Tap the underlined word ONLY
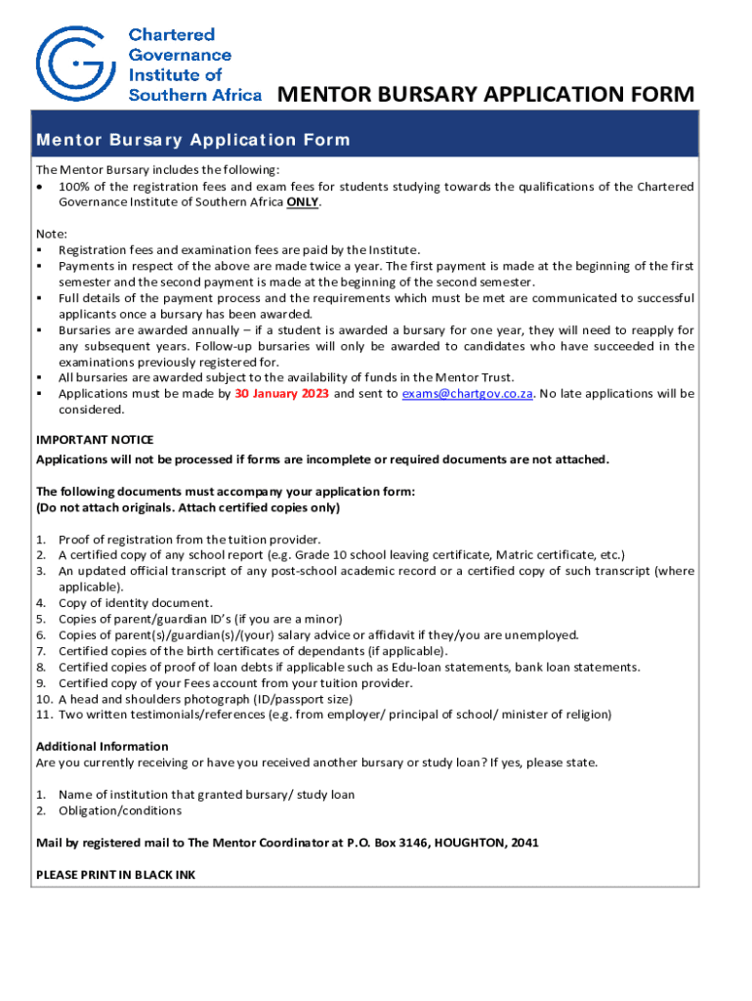pos(302,202)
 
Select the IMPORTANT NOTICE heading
pos(95,440)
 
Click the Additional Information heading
pos(102,747)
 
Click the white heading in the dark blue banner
pos(192,140)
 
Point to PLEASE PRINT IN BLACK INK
pos(115,875)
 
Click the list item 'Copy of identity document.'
pos(135,603)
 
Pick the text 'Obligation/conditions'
pos(120,810)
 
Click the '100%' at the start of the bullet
pos(74,187)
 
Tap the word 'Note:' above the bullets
pos(52,234)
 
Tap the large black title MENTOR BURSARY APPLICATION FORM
pos(485,95)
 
